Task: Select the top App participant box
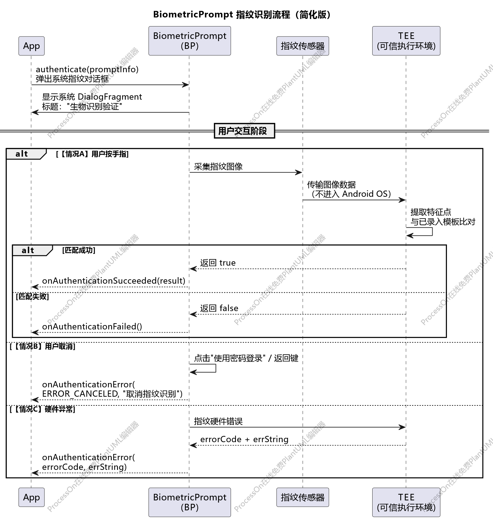click(x=31, y=46)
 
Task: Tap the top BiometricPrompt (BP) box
click(x=190, y=41)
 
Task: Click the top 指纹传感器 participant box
click(x=303, y=46)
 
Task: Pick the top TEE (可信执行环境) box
click(x=406, y=41)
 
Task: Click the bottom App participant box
click(x=31, y=497)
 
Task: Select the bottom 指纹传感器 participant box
click(x=303, y=497)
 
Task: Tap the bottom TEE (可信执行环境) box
click(x=406, y=502)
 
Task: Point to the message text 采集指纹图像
click(x=218, y=167)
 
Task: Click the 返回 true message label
click(x=218, y=263)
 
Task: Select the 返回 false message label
click(x=219, y=308)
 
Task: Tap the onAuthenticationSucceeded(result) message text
click(x=114, y=281)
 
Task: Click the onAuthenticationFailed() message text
click(x=92, y=326)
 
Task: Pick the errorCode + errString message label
click(x=244, y=439)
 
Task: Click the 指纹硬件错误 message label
click(x=218, y=421)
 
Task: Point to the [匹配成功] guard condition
click(x=79, y=250)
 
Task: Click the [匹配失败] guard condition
click(x=32, y=296)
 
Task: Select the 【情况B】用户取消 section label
click(x=43, y=346)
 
